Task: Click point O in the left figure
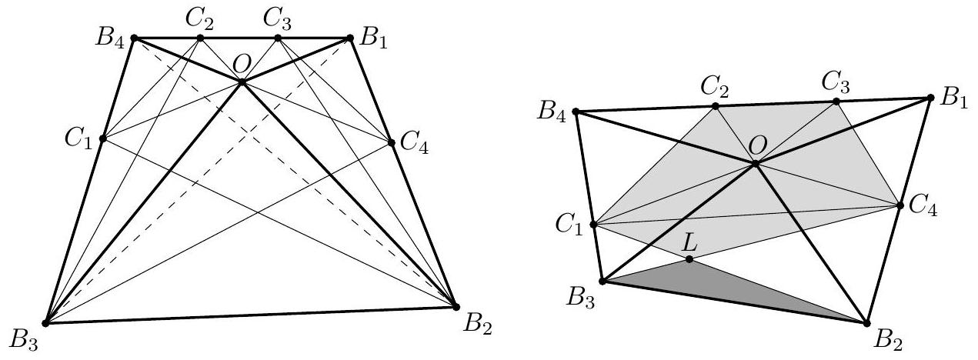[x=242, y=82]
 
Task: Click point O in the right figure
[x=756, y=163]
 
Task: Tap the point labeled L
[x=689, y=259]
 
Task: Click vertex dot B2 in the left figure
[x=453, y=306]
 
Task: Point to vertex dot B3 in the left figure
[x=46, y=322]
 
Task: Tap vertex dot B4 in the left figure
[x=134, y=37]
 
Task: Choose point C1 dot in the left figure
[x=102, y=139]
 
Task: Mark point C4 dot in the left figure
[x=391, y=142]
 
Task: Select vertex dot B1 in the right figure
[x=930, y=98]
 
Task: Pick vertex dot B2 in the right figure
[x=867, y=322]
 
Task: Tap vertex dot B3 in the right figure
[x=602, y=282]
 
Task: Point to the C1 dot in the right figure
[x=593, y=225]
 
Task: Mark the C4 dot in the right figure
[x=900, y=205]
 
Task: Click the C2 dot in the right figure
[x=715, y=106]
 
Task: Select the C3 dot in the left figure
[x=278, y=38]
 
